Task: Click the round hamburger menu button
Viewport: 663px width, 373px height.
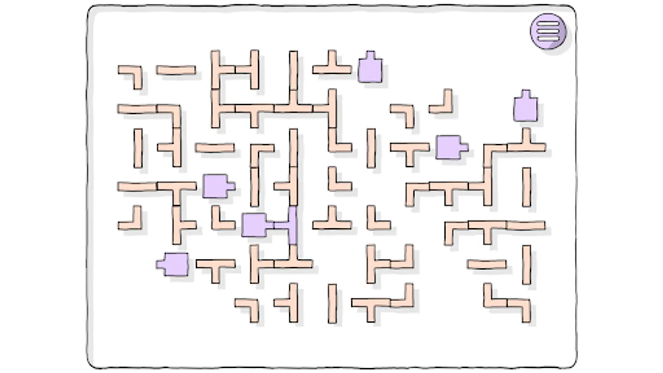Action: click(x=548, y=31)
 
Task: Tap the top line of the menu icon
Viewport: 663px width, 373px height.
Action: click(x=548, y=24)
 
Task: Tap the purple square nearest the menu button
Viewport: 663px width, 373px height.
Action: click(x=525, y=108)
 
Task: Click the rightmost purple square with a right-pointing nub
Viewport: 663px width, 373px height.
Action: click(x=449, y=147)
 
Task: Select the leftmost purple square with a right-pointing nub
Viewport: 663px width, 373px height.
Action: click(x=216, y=186)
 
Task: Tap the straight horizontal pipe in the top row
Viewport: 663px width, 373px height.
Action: click(x=176, y=70)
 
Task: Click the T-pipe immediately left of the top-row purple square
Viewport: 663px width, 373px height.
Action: click(x=331, y=68)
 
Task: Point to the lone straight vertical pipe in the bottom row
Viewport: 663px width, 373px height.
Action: click(x=332, y=303)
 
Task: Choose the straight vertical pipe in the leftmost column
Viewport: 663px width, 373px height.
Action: click(x=138, y=148)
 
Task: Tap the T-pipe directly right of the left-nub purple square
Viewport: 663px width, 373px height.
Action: click(x=215, y=267)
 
